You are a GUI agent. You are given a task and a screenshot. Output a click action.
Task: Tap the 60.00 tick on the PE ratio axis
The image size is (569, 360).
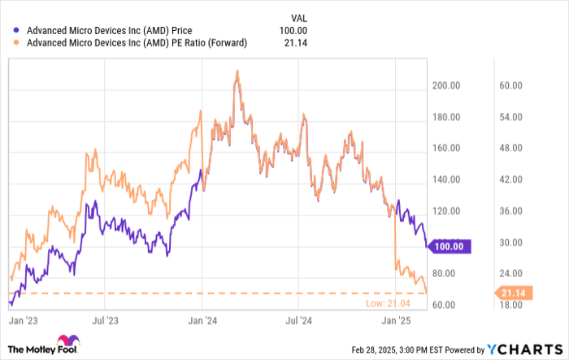tap(509, 85)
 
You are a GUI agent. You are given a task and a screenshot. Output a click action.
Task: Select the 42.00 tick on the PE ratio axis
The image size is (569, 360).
tap(509, 180)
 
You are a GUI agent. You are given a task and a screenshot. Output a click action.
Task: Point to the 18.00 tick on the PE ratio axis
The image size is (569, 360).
tap(509, 305)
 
